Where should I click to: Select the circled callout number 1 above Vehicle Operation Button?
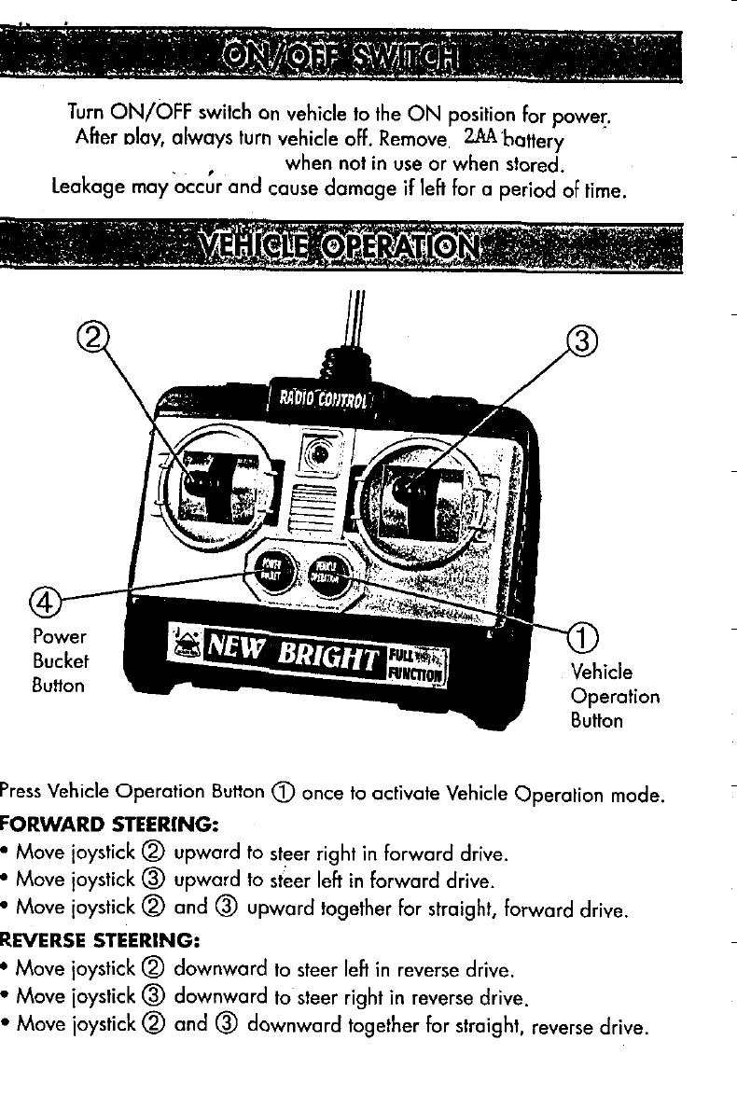[582, 638]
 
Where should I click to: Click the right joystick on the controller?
[410, 487]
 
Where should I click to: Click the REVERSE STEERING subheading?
[107, 933]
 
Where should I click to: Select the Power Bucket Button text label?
[59, 661]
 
